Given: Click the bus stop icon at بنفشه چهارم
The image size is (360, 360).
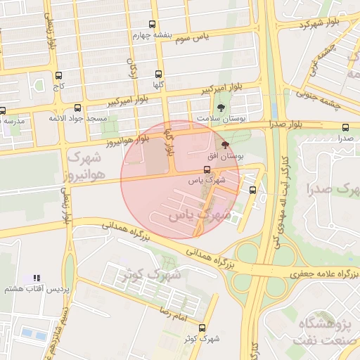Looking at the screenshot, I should [153, 25].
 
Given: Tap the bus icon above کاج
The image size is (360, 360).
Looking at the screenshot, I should [58, 75].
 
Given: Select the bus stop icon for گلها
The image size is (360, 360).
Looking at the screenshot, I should [160, 74].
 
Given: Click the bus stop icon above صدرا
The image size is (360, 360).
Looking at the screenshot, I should [345, 127].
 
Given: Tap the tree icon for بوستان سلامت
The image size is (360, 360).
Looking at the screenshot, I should [222, 108].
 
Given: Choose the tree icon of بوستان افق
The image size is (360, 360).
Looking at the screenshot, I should [225, 143].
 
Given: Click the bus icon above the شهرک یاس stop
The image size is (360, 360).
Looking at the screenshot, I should [206, 169].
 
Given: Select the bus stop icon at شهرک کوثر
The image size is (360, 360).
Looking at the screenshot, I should [202, 328].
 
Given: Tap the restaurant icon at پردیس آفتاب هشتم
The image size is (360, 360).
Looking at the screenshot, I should [37, 278].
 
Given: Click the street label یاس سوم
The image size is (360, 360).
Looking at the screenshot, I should [192, 36].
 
